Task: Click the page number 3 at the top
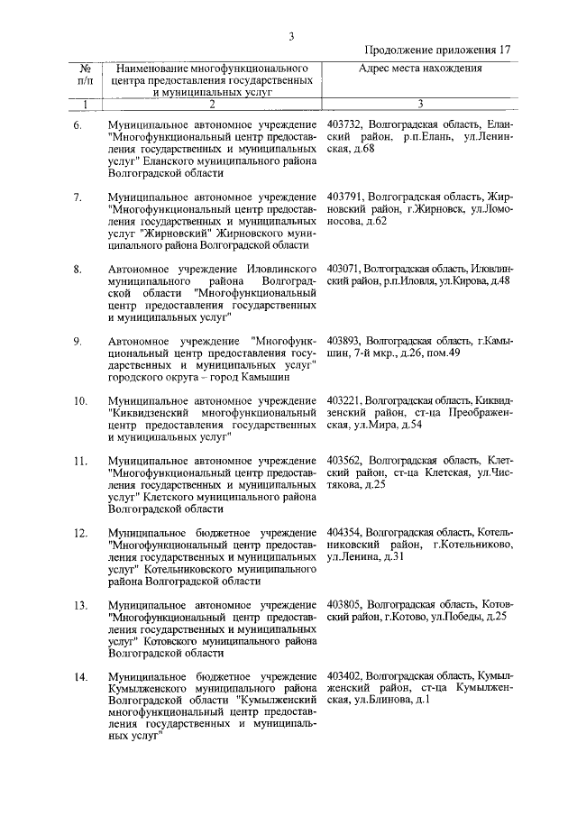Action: (290, 36)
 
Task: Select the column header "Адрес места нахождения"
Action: (420, 68)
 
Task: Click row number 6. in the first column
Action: (78, 122)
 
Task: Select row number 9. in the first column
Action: (78, 341)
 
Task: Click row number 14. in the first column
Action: (80, 676)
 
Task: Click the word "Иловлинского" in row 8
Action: (280, 269)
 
